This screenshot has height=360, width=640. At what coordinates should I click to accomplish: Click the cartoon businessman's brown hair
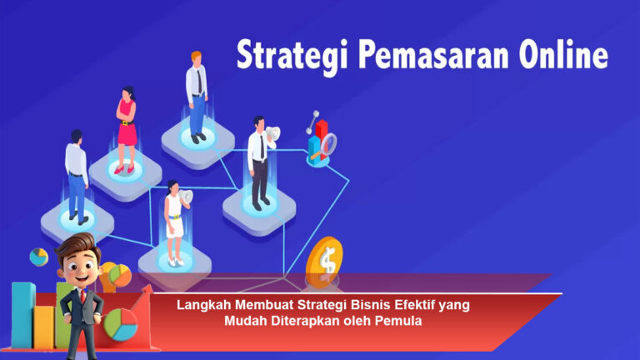(x=77, y=245)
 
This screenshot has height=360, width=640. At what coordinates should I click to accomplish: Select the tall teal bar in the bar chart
(x=22, y=314)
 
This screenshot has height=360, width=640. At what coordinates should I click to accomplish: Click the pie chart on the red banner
(x=120, y=325)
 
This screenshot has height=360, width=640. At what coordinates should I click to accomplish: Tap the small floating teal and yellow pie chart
(x=38, y=257)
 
